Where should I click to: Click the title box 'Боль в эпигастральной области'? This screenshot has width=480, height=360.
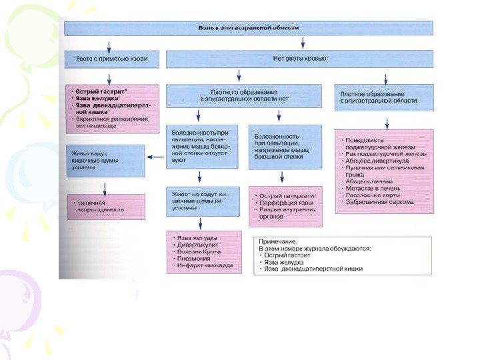(x=248, y=28)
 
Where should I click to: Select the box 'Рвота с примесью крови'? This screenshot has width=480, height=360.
(x=112, y=59)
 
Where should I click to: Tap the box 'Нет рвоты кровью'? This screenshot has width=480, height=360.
(x=299, y=59)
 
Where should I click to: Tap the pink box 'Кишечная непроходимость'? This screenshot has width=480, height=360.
(x=105, y=206)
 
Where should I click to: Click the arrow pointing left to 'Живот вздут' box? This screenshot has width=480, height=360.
(x=155, y=157)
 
